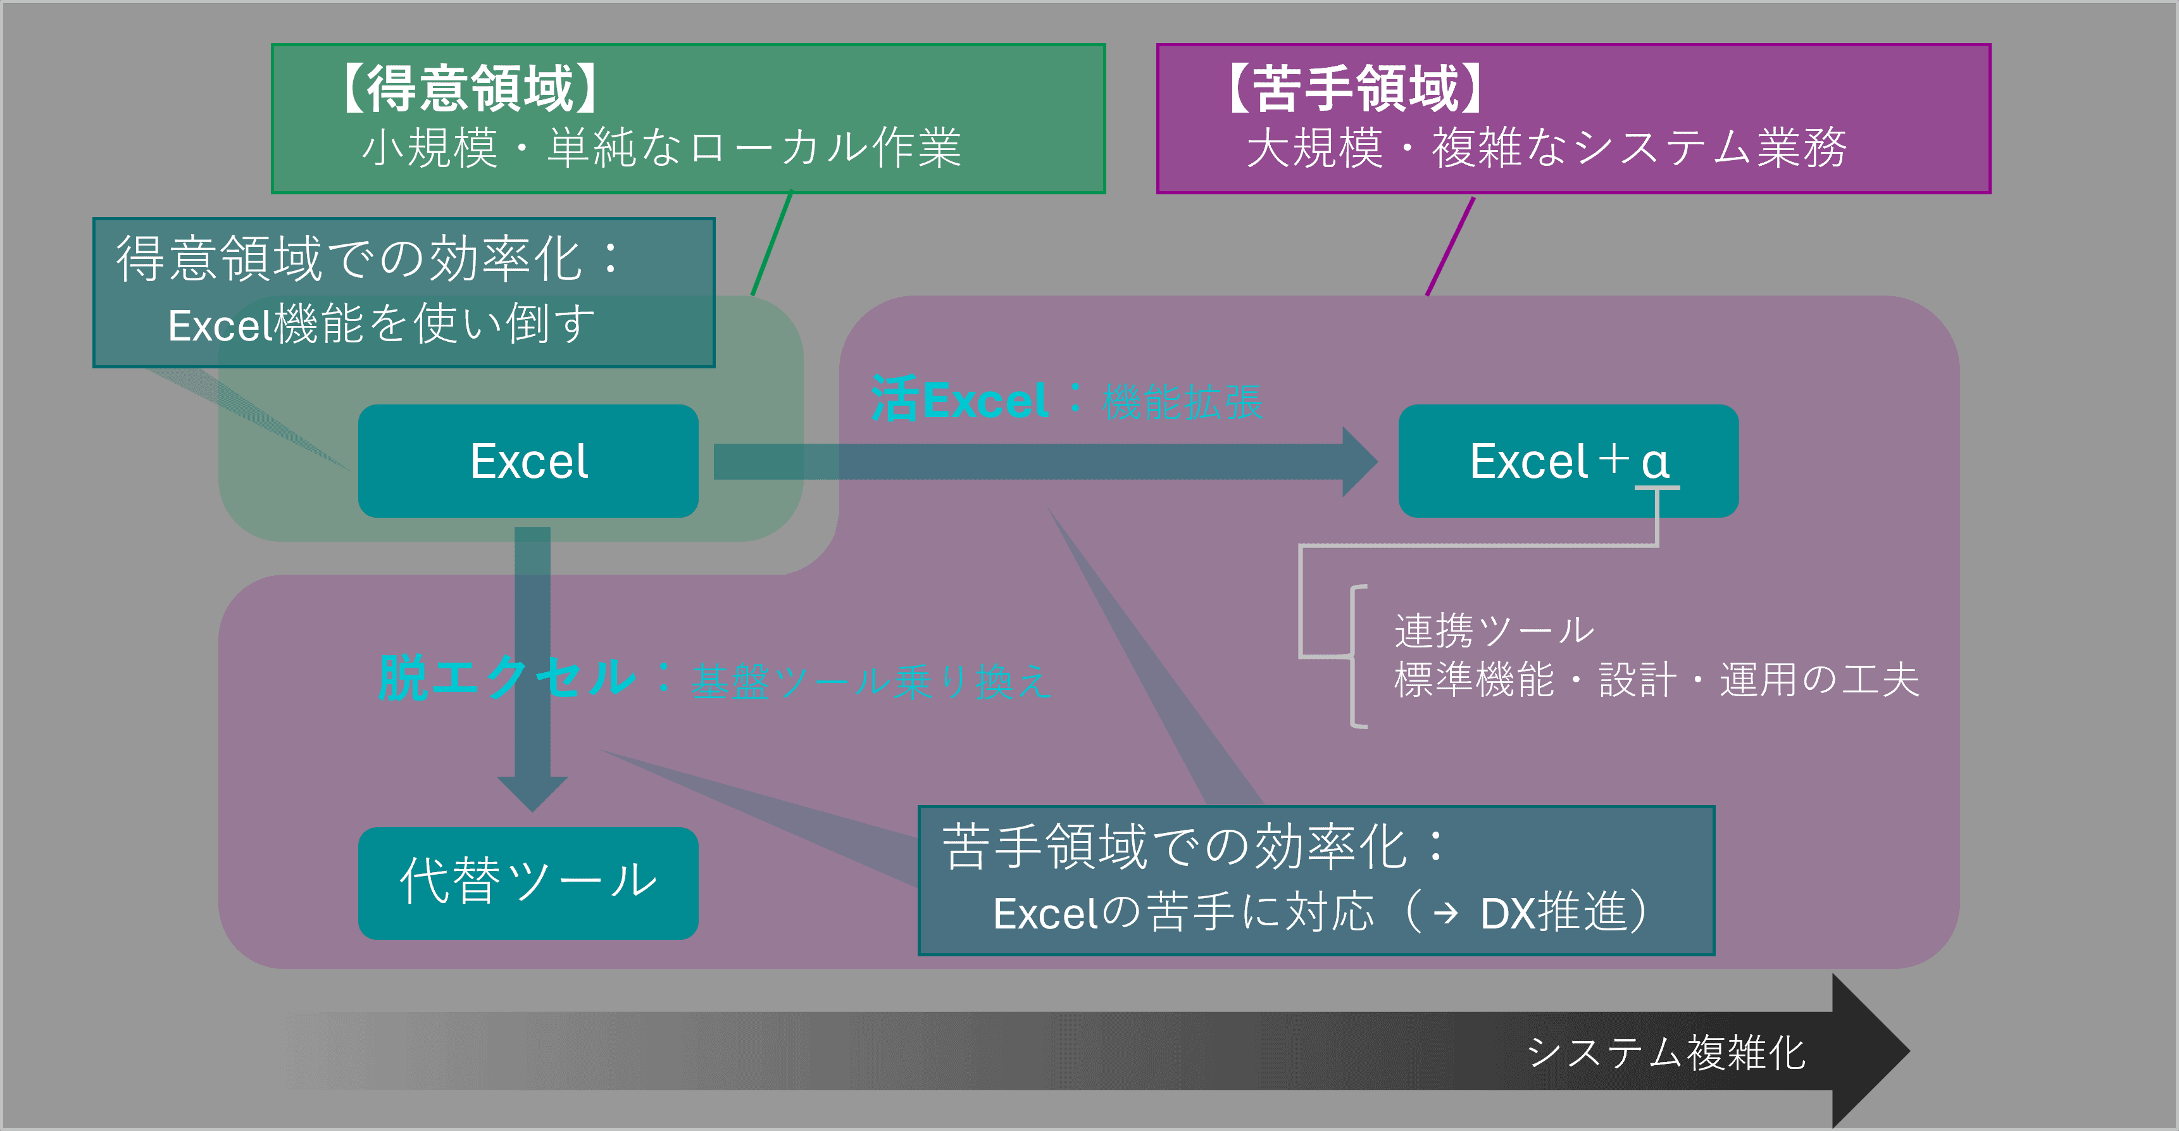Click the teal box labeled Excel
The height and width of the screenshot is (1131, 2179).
pos(528,461)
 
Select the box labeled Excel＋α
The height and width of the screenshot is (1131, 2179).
pos(1568,461)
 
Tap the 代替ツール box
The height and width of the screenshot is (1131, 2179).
pos(528,882)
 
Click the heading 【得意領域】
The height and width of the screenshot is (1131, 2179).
pos(470,88)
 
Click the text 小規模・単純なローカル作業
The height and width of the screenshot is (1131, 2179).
pos(661,148)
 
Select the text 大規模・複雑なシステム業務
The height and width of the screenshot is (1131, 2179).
pos(1546,148)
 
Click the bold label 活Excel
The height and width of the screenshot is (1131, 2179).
pos(959,400)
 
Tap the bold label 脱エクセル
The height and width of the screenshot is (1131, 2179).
pos(506,678)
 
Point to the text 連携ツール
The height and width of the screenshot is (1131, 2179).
pos(1494,630)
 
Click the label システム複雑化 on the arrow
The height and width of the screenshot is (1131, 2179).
pos(1666,1053)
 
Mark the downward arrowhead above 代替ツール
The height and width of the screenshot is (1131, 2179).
pos(532,794)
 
